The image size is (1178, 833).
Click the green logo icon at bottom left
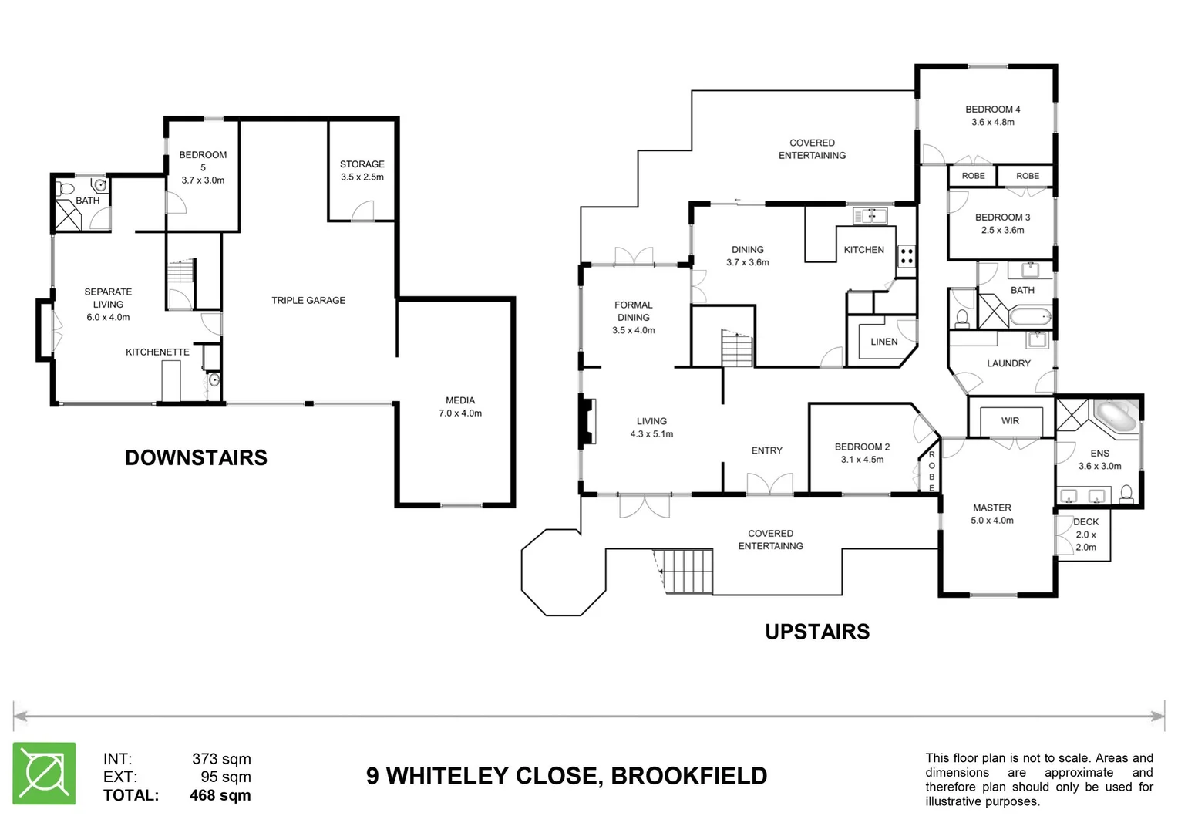44,773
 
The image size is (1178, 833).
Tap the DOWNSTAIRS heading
196,457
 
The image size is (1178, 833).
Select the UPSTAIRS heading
817,632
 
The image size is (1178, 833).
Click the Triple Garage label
308,300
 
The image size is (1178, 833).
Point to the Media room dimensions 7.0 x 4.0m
460,413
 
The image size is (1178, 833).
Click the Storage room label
362,164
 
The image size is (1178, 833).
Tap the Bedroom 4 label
992,110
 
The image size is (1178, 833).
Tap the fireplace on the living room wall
588,421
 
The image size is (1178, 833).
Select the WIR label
1010,420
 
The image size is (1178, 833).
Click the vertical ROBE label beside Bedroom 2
931,471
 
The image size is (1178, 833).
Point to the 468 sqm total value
220,795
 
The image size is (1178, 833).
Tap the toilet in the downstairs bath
66,188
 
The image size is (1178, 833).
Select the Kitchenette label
157,352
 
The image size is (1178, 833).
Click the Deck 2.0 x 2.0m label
1085,535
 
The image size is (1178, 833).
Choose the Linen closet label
883,342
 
